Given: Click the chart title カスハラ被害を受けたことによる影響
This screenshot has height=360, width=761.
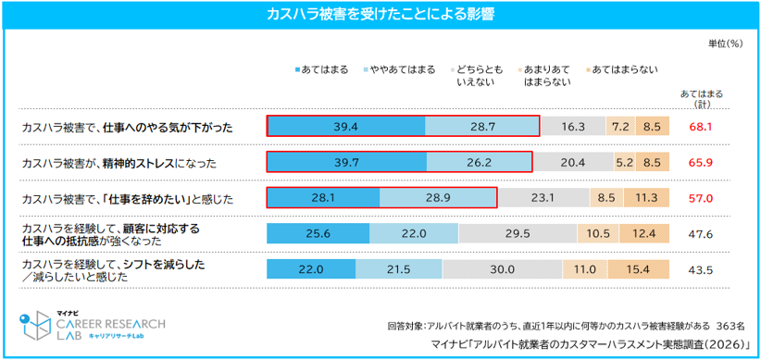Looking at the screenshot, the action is [380, 14].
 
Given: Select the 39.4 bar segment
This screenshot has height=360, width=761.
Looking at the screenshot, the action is [346, 127].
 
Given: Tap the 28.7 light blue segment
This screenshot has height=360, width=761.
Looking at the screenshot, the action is [482, 127].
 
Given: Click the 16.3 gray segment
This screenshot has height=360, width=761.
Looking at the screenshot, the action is [573, 127].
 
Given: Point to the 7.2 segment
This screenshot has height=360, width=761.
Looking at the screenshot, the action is [620, 127].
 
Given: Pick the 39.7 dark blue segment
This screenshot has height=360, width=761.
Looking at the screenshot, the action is [346, 162].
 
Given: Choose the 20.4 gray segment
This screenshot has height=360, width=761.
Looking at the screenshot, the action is [573, 162].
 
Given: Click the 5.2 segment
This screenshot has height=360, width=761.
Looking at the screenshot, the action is [625, 162].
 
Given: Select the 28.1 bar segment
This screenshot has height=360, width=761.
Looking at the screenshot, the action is [323, 197].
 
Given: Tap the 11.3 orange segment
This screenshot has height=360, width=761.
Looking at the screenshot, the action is [647, 197].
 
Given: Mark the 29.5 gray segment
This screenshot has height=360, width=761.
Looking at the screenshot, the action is [518, 233].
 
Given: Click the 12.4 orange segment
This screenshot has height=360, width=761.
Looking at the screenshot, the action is [644, 233].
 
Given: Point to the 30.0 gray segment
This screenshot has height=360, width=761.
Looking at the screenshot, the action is [503, 268].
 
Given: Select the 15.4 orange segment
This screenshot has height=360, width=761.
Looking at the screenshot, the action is [639, 268].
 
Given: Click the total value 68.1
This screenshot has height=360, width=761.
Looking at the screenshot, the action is [700, 127].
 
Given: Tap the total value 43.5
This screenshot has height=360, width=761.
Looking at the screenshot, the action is [700, 269].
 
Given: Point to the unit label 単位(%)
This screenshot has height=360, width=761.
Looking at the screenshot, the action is [725, 43].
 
